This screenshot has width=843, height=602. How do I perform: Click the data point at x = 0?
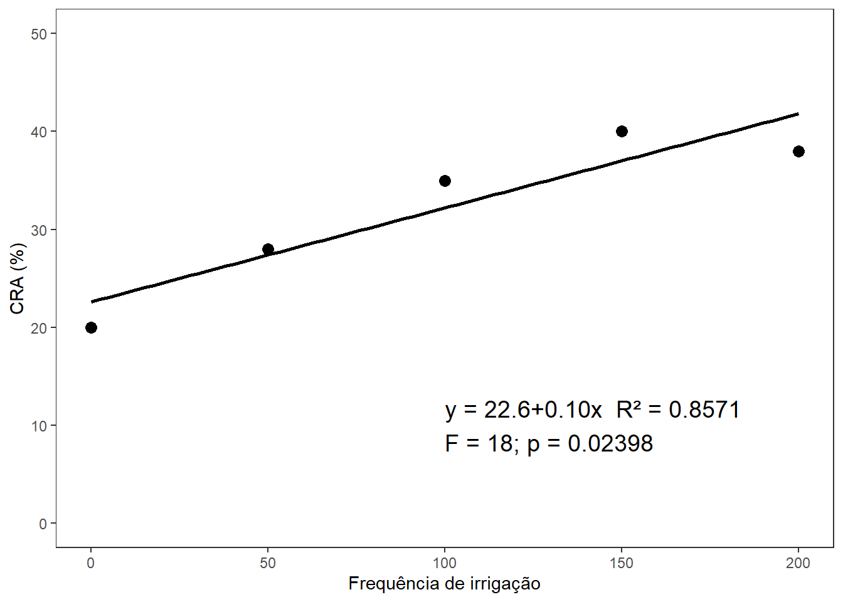pos(91,327)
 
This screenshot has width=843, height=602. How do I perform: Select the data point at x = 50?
pos(268,249)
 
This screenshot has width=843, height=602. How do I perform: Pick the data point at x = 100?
pos(445,181)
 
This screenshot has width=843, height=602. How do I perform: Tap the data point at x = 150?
pos(622,131)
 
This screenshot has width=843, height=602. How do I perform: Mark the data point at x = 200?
pos(798,151)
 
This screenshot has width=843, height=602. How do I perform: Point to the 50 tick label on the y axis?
pos(39,34)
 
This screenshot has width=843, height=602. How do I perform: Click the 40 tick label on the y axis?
pos(39,132)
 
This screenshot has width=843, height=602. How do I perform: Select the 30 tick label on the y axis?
pos(39,230)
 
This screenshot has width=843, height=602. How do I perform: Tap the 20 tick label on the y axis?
pos(39,328)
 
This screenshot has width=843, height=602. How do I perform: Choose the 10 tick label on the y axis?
pos(39,426)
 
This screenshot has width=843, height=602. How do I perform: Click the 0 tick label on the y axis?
pos(43,524)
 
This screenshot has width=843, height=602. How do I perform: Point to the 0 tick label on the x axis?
pos(91,563)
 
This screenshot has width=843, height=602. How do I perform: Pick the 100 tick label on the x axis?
pos(445,563)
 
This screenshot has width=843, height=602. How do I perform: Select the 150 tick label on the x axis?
pos(622,563)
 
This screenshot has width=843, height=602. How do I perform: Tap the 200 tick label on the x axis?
pos(798,563)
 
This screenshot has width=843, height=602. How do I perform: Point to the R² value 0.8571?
pos(704,409)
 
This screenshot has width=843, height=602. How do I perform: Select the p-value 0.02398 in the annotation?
pos(610,443)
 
